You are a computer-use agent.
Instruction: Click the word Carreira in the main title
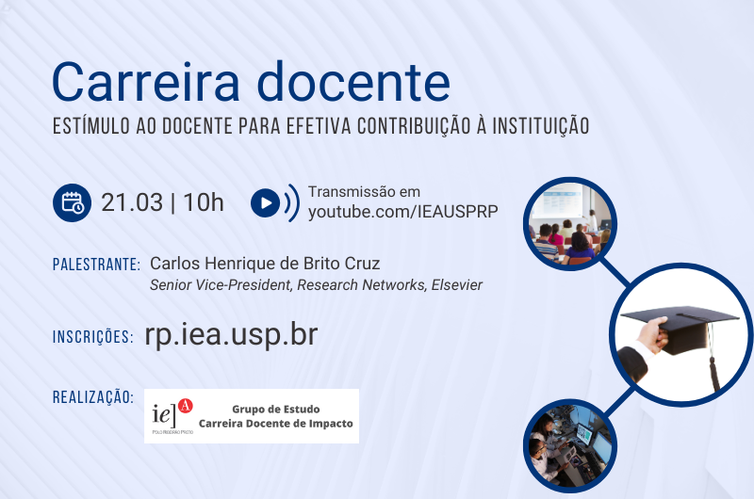tap(146, 82)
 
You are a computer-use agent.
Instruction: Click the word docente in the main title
tap(353, 82)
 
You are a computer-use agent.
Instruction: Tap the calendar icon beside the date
tap(73, 202)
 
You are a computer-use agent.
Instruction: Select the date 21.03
tap(132, 202)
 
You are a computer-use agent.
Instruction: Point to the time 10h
tap(204, 202)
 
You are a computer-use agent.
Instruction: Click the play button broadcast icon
tap(275, 202)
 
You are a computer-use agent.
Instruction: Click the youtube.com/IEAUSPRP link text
tap(403, 212)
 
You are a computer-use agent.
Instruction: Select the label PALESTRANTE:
tap(96, 265)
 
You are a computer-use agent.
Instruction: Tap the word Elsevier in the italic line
tap(457, 284)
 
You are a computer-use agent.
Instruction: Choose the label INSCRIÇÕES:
tap(92, 337)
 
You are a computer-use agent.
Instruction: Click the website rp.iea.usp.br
tap(231, 335)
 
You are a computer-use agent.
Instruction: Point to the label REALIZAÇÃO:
tap(92, 397)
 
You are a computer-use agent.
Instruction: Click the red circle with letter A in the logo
tap(185, 406)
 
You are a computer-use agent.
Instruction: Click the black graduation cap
tap(679, 328)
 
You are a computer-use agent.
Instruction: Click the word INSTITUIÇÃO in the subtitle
tap(541, 126)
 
